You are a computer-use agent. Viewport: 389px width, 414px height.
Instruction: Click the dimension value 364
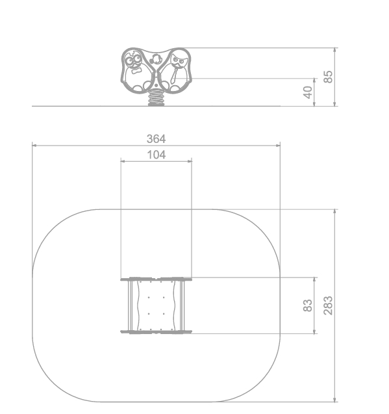(x=157, y=139)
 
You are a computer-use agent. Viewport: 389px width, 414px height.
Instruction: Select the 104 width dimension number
(x=157, y=155)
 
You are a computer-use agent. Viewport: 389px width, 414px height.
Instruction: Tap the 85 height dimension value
(x=328, y=77)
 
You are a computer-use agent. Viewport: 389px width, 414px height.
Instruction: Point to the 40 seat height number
(x=308, y=92)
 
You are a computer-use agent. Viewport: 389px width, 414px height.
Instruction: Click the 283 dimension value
(x=328, y=305)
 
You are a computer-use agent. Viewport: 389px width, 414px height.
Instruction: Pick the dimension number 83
(x=308, y=305)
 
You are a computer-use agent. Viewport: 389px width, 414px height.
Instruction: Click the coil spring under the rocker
(x=156, y=97)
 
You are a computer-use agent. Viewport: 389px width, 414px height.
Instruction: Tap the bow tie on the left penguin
(x=136, y=70)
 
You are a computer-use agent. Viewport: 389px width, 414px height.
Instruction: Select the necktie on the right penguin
(x=174, y=75)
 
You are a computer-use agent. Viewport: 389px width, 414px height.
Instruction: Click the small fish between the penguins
(x=156, y=59)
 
